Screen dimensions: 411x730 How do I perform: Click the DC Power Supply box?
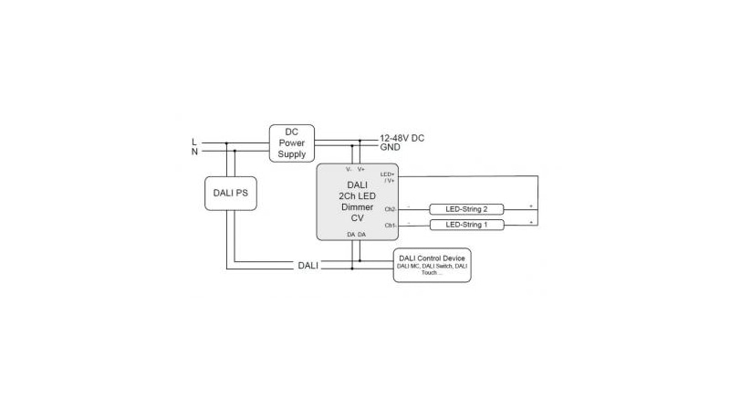(292, 142)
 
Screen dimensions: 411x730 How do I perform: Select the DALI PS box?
(229, 193)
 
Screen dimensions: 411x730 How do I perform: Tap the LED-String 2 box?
(466, 209)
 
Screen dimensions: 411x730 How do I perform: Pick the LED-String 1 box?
(466, 224)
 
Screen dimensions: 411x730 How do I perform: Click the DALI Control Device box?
(432, 265)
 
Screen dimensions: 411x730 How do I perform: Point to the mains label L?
(193, 142)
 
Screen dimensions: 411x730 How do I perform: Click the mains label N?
(193, 152)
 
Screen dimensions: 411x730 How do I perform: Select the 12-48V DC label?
(402, 138)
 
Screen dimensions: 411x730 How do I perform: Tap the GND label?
(391, 147)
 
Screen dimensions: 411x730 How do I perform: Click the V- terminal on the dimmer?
(349, 169)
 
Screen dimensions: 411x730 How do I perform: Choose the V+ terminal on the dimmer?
(361, 169)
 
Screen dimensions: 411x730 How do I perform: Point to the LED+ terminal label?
(388, 174)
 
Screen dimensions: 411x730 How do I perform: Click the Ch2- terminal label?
(390, 209)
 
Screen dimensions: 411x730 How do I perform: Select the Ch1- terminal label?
(390, 224)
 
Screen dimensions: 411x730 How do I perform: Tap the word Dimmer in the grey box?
(357, 207)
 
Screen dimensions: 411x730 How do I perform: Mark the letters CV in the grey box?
(357, 218)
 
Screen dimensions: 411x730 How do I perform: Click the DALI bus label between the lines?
(308, 265)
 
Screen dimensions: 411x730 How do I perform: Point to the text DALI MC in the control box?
(410, 266)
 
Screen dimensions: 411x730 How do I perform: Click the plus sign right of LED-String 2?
(530, 205)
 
